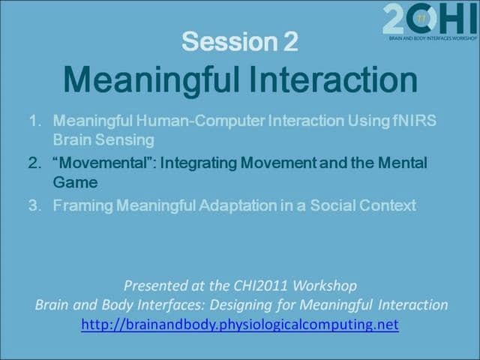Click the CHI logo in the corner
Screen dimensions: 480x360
(x=430, y=22)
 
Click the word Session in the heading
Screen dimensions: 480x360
(x=229, y=42)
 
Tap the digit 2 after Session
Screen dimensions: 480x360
(x=291, y=42)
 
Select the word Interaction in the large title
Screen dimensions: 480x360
(x=333, y=79)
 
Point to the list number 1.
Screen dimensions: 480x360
(x=35, y=121)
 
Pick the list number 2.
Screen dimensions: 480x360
(x=34, y=163)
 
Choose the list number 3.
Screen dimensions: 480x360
(x=34, y=205)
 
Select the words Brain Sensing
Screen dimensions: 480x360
(x=103, y=140)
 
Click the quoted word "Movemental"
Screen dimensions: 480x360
(x=105, y=163)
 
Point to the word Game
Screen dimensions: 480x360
(x=75, y=182)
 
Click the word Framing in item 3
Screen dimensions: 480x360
(x=83, y=205)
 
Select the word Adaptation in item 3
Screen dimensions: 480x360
(x=238, y=205)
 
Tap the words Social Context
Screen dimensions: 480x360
(x=363, y=205)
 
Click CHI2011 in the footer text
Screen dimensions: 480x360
(x=260, y=286)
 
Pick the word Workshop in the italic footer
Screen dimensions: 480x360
(x=325, y=286)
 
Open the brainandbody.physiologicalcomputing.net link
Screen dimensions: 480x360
(x=240, y=324)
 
